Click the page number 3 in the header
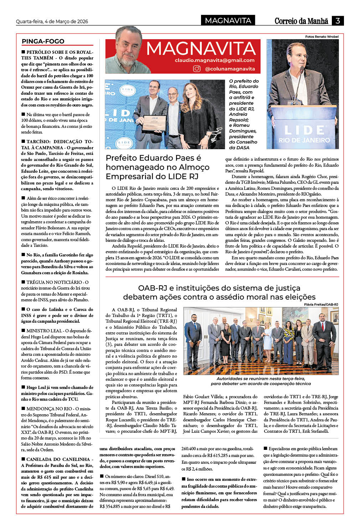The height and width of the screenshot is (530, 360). coord(337,21)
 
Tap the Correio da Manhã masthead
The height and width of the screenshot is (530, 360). coord(301,21)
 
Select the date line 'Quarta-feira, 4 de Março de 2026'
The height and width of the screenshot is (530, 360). coord(52,21)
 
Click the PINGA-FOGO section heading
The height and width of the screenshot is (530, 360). coord(43,41)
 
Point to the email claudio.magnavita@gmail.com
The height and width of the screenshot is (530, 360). coord(215,60)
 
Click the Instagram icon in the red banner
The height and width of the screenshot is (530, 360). coord(196,69)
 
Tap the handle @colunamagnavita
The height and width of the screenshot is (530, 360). coord(230,69)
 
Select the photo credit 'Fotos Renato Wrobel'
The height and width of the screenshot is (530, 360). coord(322,37)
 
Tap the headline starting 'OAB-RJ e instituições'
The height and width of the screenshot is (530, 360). coord(219,292)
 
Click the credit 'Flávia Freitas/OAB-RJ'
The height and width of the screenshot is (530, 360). coord(321,305)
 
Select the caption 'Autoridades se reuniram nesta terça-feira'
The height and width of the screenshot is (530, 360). coord(261,379)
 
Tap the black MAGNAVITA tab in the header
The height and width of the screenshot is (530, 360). coord(228,21)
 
